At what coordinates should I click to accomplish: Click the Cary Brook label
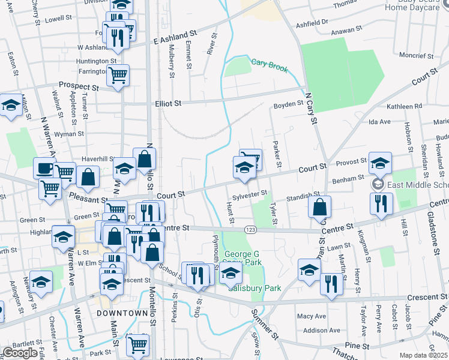point(270,62)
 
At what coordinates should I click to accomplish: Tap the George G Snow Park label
point(242,258)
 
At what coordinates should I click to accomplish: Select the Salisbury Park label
point(255,288)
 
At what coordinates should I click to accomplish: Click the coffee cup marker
point(44,169)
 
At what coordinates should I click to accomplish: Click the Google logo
point(20,353)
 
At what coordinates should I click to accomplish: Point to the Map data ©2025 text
point(423,355)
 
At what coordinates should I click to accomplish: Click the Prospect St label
point(78,86)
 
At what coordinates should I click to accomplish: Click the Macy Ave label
point(311,316)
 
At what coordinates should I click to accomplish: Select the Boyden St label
point(288,104)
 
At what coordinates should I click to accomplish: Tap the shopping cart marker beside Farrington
point(118,75)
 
